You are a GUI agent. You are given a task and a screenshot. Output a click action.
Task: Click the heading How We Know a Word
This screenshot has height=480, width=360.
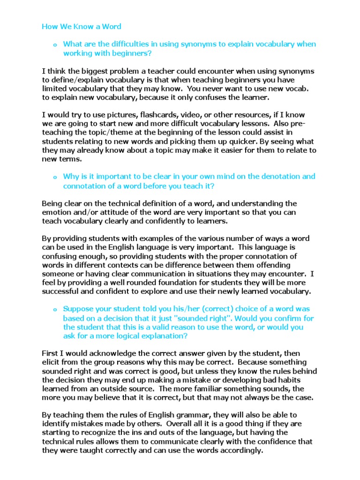[82, 26]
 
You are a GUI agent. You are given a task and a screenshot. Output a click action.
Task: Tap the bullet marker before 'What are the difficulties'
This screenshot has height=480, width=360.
[55, 45]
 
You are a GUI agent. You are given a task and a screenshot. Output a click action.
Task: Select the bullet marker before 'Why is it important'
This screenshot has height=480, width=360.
[55, 178]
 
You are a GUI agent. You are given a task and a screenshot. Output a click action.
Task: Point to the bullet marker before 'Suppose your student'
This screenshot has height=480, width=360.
[55, 310]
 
